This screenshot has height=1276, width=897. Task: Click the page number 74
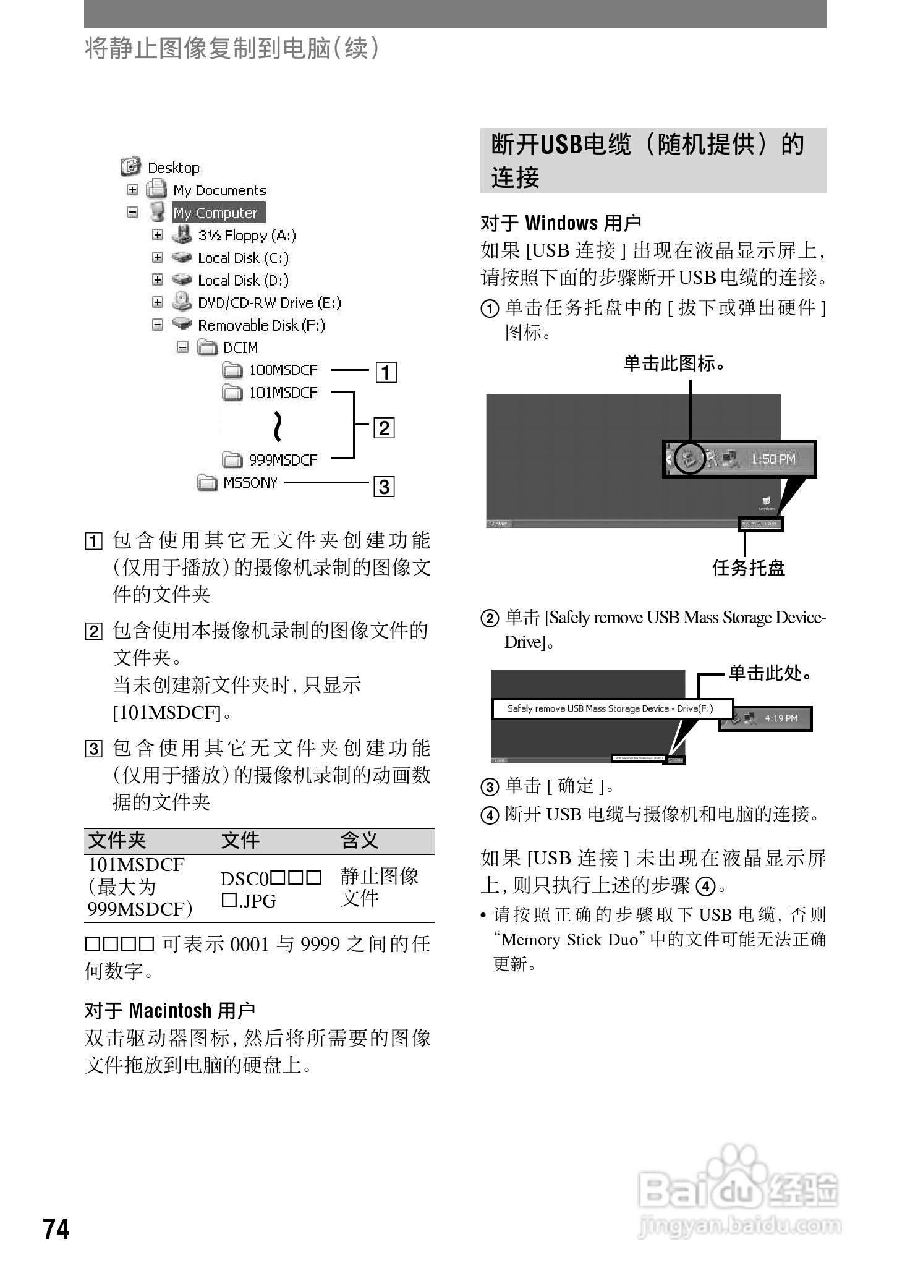click(x=56, y=1228)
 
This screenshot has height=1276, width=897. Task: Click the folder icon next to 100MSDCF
click(x=232, y=370)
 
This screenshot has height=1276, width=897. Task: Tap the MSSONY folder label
click(x=250, y=483)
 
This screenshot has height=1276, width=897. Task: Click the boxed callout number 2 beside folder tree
click(x=385, y=428)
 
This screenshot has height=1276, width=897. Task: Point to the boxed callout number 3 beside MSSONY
click(x=385, y=487)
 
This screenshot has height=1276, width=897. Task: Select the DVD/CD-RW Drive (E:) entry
click(x=269, y=303)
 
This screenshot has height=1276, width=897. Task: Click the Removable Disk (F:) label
click(x=261, y=325)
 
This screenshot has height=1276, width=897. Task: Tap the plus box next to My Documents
click(x=132, y=190)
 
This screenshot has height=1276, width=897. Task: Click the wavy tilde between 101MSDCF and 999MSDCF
click(x=278, y=426)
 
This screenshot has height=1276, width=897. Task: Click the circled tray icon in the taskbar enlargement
click(x=689, y=458)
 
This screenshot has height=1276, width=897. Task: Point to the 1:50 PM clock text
click(x=773, y=459)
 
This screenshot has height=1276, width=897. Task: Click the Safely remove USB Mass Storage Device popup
click(x=611, y=708)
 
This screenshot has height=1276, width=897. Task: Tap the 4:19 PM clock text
click(x=781, y=718)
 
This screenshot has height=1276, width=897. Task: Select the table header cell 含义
click(x=359, y=841)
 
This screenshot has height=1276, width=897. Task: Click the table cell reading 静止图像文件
click(x=379, y=887)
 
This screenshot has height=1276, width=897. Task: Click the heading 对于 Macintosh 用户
click(x=170, y=1011)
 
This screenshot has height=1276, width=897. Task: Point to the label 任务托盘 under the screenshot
click(x=748, y=568)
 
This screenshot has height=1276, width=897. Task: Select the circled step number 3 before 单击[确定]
click(x=490, y=787)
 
